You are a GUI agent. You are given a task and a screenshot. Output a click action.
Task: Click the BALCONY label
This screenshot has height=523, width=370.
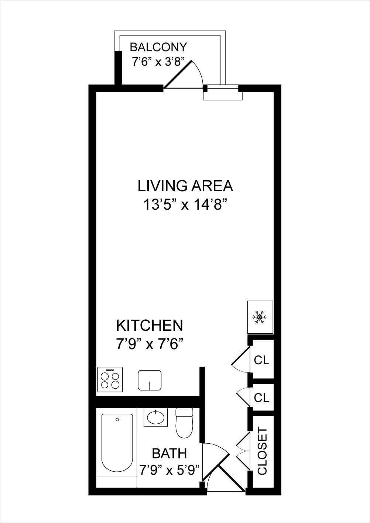coord(158,47)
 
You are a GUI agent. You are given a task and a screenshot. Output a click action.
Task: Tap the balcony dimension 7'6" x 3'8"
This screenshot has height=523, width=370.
coord(158,62)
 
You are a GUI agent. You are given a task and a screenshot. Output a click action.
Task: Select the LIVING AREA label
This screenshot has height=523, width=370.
coord(185,186)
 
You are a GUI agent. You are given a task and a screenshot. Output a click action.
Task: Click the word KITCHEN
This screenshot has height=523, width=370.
coord(149,326)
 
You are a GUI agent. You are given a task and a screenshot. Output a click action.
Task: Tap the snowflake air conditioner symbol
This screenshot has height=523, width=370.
coord(260,317)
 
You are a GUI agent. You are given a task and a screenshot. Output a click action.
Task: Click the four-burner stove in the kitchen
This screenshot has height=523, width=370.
coord(110,380)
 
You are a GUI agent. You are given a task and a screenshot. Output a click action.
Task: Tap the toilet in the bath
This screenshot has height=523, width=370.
coord(184,423)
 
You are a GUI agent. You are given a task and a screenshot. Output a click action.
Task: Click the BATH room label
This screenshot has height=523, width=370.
coord(169,453)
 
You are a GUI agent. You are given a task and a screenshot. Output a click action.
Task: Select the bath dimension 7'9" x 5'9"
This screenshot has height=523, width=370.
coord(169,470)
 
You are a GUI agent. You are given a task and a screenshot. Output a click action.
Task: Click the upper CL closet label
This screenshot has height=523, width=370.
coord(262,360)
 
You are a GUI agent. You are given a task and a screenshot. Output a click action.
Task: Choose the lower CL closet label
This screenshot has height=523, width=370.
coord(262,398)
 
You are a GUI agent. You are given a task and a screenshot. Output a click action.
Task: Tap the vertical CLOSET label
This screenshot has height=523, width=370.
coord(262,451)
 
